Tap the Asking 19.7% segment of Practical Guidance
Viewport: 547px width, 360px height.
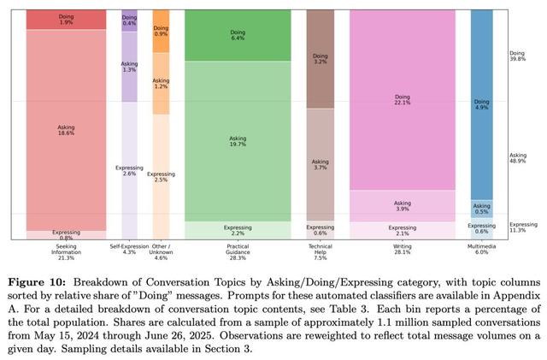(238, 140)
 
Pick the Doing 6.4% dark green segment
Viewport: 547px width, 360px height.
(238, 35)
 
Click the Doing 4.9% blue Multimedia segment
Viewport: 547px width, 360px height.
(481, 104)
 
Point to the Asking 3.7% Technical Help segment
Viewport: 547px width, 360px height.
(320, 164)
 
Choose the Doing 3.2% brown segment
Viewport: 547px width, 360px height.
(320, 59)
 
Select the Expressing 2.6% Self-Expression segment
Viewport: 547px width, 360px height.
(129, 170)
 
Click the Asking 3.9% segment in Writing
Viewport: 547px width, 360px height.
(401, 205)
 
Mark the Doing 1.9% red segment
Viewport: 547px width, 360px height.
(66, 19)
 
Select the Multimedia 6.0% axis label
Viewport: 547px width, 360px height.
(481, 249)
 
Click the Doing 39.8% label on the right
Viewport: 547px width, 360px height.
(518, 56)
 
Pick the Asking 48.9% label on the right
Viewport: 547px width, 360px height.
(518, 158)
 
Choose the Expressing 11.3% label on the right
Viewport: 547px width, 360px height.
(521, 226)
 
